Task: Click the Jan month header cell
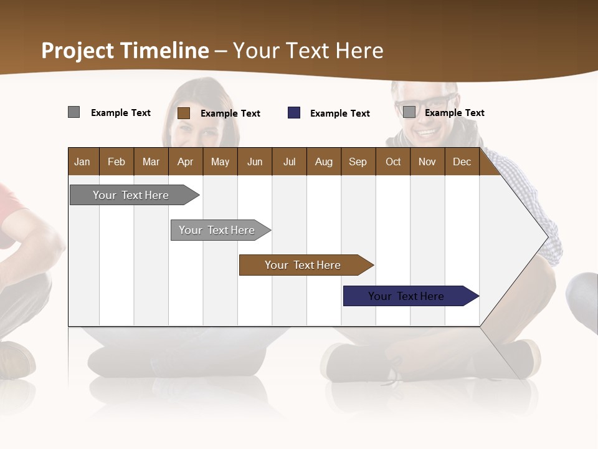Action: (x=82, y=162)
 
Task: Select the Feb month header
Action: (x=116, y=162)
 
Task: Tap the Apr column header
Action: (x=185, y=162)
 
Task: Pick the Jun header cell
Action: (x=255, y=162)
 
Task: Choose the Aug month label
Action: (x=323, y=162)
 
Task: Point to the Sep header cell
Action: (x=358, y=162)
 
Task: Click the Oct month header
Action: (x=393, y=162)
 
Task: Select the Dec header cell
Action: (x=462, y=162)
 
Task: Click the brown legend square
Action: (x=183, y=113)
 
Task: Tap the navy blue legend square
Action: (x=294, y=113)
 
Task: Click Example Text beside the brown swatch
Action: (x=230, y=113)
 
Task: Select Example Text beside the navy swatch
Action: (x=340, y=113)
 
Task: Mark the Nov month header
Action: (x=427, y=162)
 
